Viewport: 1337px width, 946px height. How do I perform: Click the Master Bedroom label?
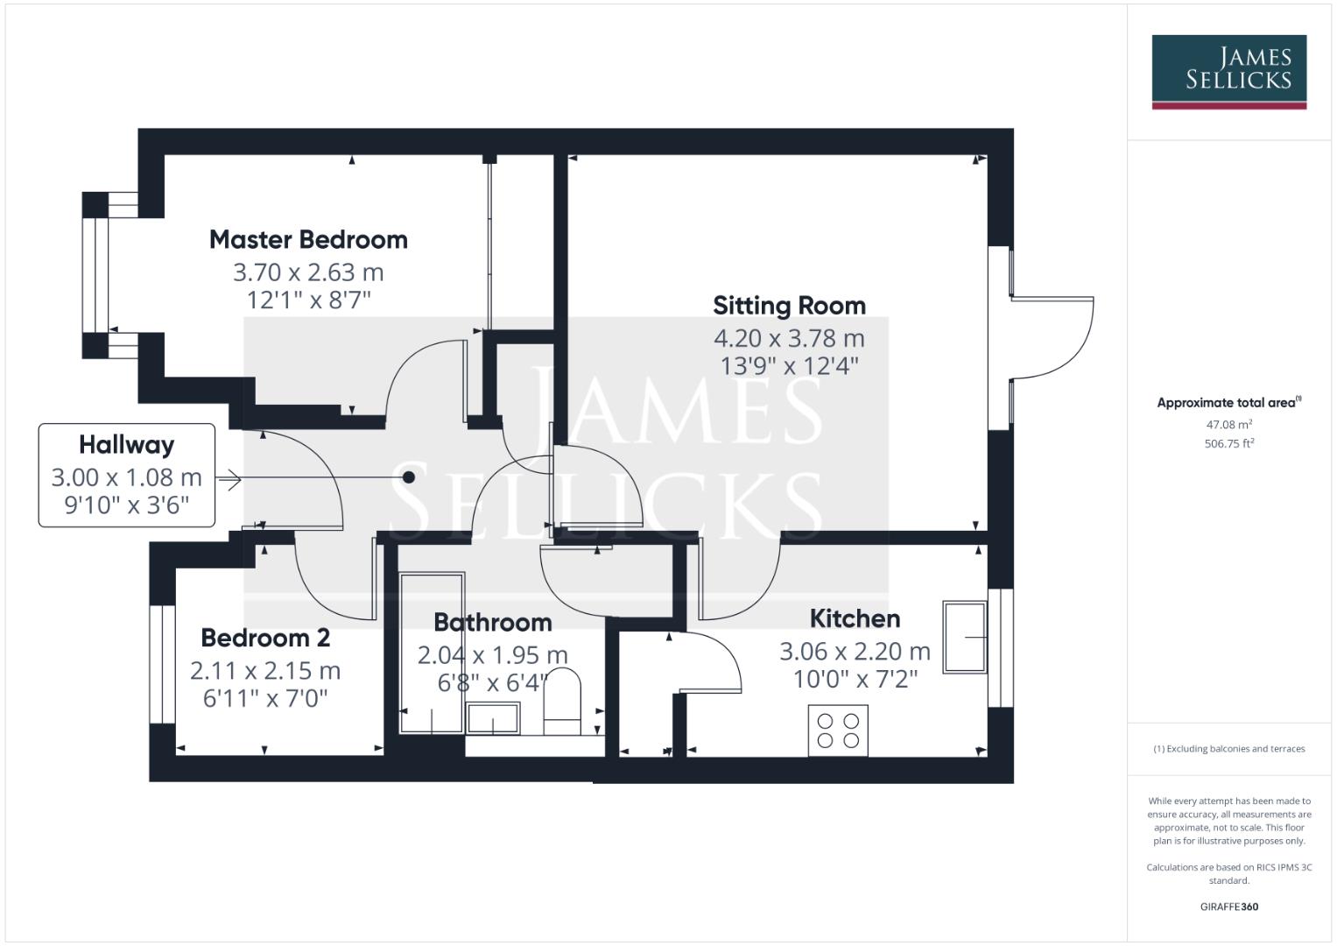pyautogui.click(x=308, y=239)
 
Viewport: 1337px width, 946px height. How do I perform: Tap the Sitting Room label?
pyautogui.click(x=789, y=306)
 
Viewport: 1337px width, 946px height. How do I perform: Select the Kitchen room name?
pyautogui.click(x=855, y=618)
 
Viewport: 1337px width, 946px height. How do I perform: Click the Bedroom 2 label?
pyautogui.click(x=265, y=638)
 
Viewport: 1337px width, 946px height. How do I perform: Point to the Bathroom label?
pyautogui.click(x=493, y=623)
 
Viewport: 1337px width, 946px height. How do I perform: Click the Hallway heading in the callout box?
pyautogui.click(x=127, y=445)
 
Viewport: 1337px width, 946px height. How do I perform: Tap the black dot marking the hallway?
pyautogui.click(x=409, y=477)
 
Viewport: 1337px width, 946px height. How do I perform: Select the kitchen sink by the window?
pyautogui.click(x=964, y=637)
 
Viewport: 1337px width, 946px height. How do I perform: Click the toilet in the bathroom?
pyautogui.click(x=562, y=701)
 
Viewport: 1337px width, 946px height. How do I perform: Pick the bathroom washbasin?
pyautogui.click(x=493, y=717)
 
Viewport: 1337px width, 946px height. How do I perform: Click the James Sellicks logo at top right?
pyautogui.click(x=1228, y=71)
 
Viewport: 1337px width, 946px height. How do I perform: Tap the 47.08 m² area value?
pyautogui.click(x=1228, y=425)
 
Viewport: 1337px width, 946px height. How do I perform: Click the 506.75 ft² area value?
pyautogui.click(x=1228, y=443)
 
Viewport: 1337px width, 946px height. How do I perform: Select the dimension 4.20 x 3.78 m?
pyautogui.click(x=789, y=338)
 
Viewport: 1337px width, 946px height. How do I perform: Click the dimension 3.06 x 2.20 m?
pyautogui.click(x=855, y=652)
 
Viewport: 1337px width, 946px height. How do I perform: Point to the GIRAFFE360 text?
pyautogui.click(x=1228, y=907)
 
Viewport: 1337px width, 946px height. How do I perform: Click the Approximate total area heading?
pyautogui.click(x=1228, y=403)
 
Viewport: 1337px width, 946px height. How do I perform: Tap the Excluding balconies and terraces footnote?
pyautogui.click(x=1228, y=749)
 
